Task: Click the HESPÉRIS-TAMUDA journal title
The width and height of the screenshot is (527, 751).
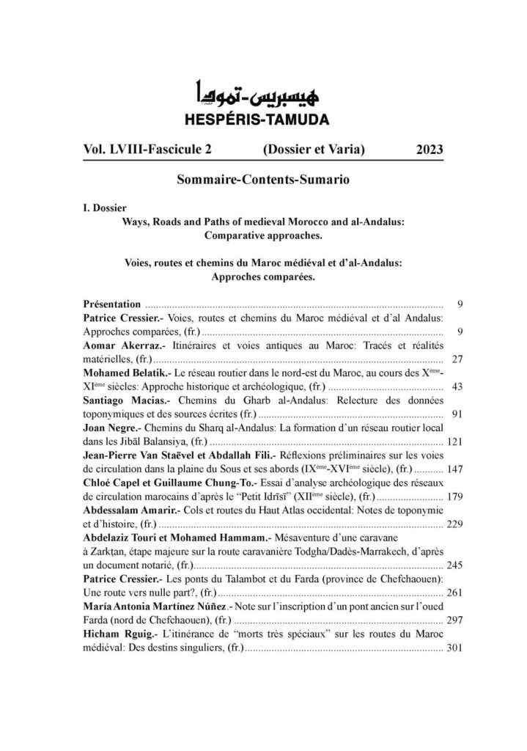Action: click(x=263, y=117)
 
